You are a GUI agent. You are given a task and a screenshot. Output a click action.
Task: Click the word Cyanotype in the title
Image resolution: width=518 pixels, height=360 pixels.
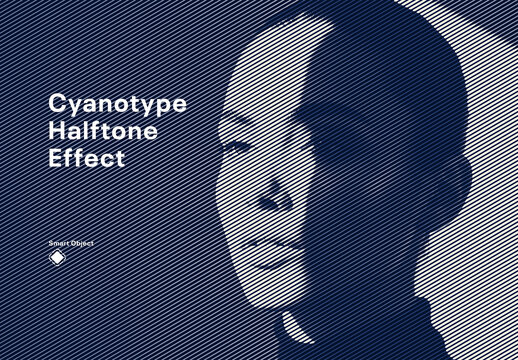(117, 105)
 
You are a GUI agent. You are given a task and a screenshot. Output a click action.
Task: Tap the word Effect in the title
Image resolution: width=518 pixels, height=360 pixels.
(87, 157)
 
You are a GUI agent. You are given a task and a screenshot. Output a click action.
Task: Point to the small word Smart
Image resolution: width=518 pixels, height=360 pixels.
(59, 243)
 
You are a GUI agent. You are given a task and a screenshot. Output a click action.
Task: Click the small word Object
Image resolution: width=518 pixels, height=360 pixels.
(82, 243)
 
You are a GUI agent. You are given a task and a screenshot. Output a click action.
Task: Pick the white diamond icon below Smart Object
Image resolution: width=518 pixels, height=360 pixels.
(58, 259)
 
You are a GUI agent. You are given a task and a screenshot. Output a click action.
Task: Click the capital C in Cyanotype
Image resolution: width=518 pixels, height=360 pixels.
(58, 105)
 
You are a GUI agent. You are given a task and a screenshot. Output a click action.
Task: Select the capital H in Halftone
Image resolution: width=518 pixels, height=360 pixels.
(58, 131)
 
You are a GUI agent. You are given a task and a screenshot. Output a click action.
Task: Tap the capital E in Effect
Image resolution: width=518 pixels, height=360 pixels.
(57, 157)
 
